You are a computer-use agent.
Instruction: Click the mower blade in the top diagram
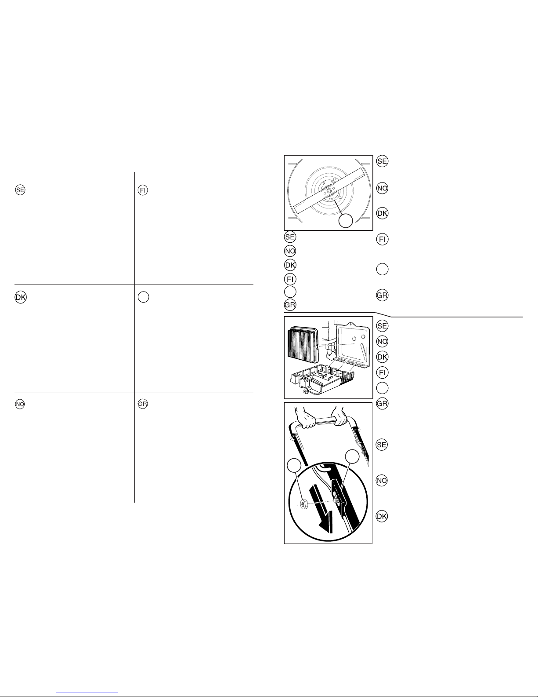point(329,190)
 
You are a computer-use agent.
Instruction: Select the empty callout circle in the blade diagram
point(346,220)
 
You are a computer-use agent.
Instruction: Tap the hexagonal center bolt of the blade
point(329,190)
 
